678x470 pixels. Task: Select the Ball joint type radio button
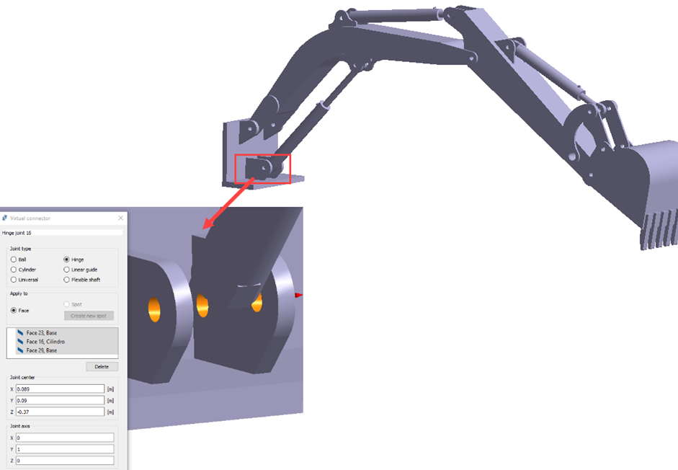click(14, 260)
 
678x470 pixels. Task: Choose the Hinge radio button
click(66, 260)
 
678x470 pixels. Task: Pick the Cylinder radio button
click(14, 270)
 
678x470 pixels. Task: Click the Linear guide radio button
click(66, 270)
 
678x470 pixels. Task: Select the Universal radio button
click(14, 280)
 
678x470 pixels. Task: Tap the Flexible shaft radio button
click(66, 280)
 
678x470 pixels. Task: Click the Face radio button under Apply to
click(14, 310)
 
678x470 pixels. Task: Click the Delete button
click(102, 367)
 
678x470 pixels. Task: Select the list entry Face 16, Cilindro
click(45, 342)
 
